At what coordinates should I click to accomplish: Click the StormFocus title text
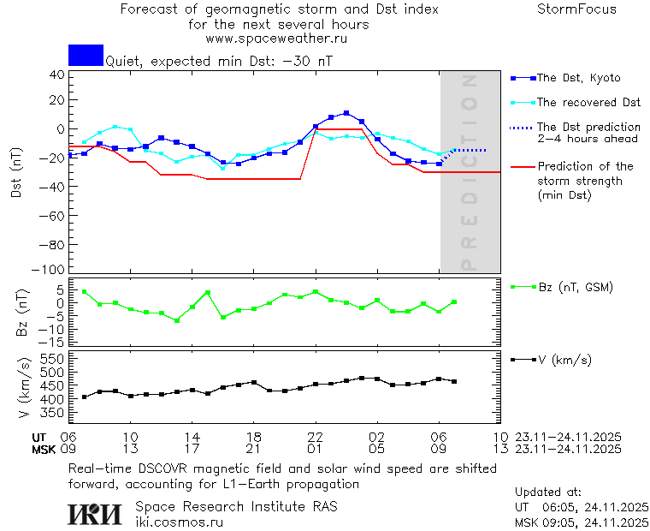(x=576, y=9)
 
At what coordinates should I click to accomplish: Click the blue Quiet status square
(x=86, y=55)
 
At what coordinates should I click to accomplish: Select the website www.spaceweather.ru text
(x=276, y=39)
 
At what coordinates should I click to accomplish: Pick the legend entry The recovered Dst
(x=588, y=102)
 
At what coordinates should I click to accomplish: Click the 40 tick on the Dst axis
(x=56, y=75)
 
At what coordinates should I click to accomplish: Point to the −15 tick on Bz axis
(x=53, y=341)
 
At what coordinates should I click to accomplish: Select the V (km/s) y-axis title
(x=26, y=390)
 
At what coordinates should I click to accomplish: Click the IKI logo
(x=94, y=514)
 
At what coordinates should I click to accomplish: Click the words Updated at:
(x=548, y=492)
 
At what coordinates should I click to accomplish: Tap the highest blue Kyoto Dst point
(x=346, y=113)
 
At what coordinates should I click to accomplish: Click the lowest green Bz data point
(x=177, y=320)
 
